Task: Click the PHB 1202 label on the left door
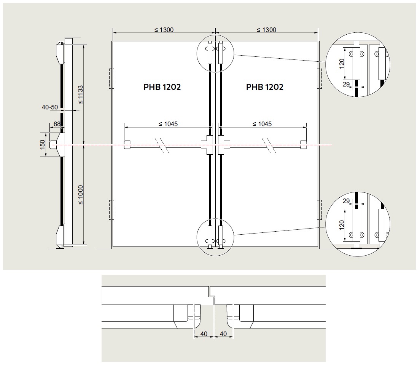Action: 162,87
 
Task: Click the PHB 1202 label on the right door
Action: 265,87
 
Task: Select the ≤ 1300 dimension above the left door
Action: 164,30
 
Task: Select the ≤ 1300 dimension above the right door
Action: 267,30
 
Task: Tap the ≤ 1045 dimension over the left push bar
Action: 168,124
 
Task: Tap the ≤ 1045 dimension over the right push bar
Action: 262,124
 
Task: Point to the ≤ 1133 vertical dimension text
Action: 80,94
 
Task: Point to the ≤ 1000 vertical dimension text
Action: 80,195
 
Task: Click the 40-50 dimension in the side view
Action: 50,107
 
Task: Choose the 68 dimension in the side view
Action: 57,124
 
